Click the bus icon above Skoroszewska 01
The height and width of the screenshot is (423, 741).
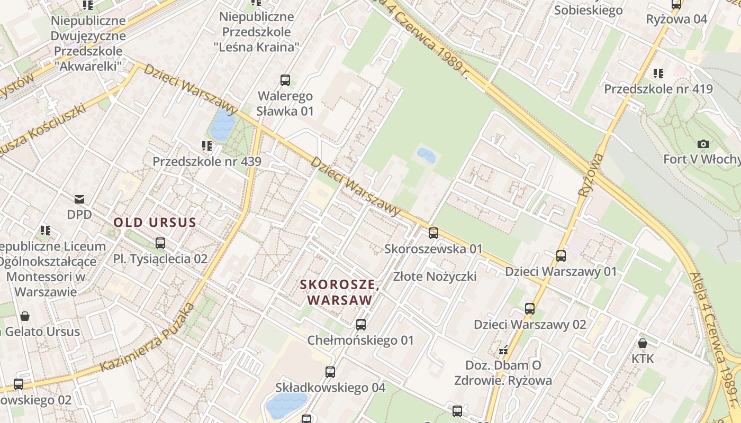(433, 233)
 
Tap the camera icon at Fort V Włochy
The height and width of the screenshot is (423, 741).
(703, 144)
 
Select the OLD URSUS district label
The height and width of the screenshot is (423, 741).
(155, 222)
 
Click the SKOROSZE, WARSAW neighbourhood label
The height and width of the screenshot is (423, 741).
(340, 292)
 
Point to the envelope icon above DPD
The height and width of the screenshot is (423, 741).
(79, 199)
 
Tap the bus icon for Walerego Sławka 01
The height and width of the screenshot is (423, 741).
(285, 80)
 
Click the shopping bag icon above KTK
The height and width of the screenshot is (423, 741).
(643, 343)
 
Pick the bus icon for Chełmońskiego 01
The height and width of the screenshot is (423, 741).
(361, 325)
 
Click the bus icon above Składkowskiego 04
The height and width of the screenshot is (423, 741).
(330, 372)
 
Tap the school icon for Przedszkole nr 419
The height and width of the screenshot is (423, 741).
(658, 73)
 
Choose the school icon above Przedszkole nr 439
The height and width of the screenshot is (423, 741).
(206, 145)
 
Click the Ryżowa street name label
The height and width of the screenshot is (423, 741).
(591, 176)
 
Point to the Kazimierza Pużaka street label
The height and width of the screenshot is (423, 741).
(147, 338)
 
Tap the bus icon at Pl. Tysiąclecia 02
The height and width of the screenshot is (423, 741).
(160, 243)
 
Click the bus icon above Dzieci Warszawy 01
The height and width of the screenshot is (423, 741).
(561, 256)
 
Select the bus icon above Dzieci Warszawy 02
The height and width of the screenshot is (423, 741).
(530, 309)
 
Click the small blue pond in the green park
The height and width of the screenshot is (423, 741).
(426, 155)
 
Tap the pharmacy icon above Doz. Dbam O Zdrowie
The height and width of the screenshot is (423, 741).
(503, 350)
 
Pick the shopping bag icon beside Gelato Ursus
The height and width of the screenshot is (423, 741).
(24, 316)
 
